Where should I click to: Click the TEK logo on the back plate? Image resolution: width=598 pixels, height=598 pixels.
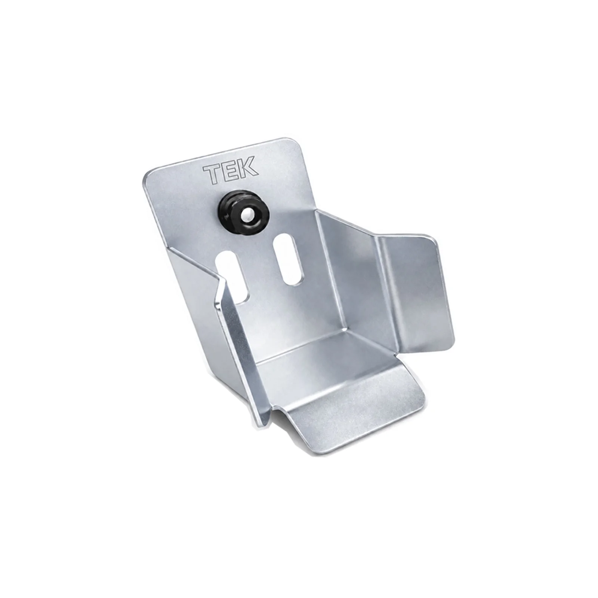[x=230, y=170]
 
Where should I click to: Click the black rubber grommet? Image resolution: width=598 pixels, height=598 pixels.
[x=247, y=214]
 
